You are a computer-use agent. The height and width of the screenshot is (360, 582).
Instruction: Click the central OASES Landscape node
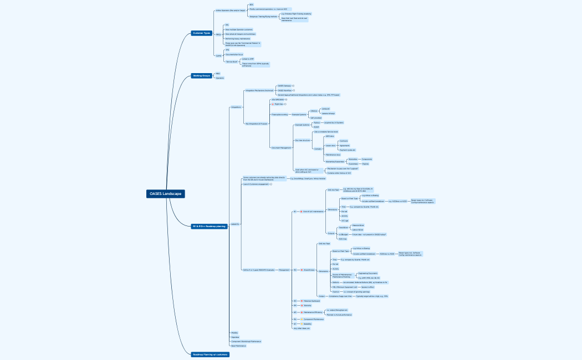click(x=165, y=194)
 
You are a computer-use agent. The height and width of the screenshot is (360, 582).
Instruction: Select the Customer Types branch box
click(x=201, y=33)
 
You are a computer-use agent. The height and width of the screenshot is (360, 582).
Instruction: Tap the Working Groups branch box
click(x=201, y=75)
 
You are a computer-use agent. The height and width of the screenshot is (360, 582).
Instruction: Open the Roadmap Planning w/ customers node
click(x=210, y=354)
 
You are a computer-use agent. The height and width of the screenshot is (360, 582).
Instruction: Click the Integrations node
click(x=236, y=107)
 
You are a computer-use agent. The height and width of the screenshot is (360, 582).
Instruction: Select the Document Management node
click(x=281, y=148)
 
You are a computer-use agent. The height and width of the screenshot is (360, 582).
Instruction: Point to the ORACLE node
click(x=314, y=111)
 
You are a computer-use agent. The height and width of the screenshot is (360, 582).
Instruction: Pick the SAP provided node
click(x=316, y=118)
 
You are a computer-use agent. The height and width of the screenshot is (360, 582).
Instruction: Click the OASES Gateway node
click(x=284, y=86)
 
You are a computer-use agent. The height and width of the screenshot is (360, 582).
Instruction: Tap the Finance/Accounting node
click(x=279, y=114)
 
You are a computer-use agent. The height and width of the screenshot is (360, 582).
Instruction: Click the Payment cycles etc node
click(x=347, y=150)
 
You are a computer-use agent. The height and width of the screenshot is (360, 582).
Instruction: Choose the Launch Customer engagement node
click(x=256, y=184)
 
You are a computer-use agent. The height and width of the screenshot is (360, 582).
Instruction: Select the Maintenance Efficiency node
click(x=313, y=312)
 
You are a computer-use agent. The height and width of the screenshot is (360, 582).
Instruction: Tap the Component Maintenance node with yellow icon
click(x=313, y=319)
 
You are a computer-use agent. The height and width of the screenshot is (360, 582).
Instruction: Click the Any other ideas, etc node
click(x=302, y=328)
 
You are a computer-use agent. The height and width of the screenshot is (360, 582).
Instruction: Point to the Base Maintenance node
click(x=238, y=346)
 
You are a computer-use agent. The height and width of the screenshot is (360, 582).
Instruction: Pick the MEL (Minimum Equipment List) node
click(x=344, y=287)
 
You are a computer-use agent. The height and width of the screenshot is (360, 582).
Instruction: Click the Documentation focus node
click(x=234, y=54)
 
